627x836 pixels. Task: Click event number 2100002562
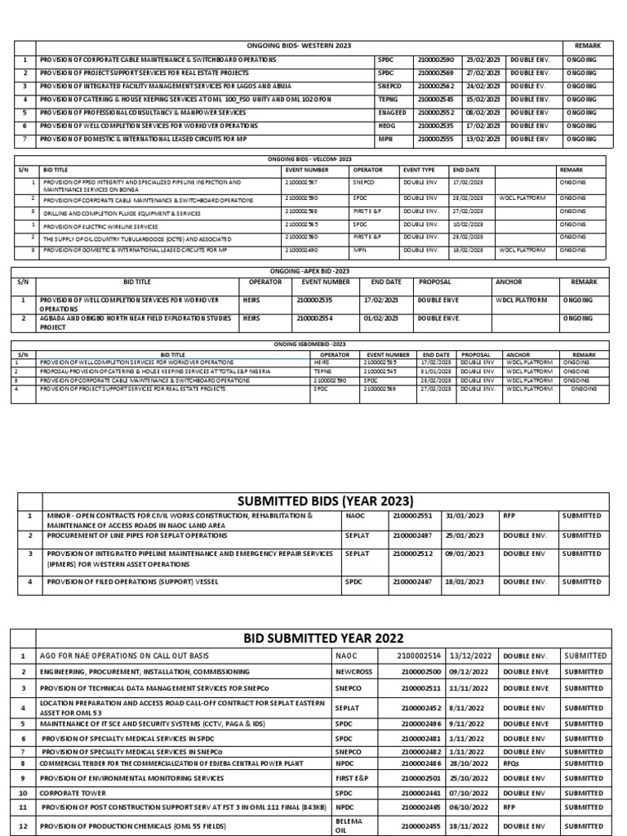[438, 86]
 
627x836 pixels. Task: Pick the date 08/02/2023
[482, 113]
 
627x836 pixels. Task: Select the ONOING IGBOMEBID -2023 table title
[311, 345]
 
